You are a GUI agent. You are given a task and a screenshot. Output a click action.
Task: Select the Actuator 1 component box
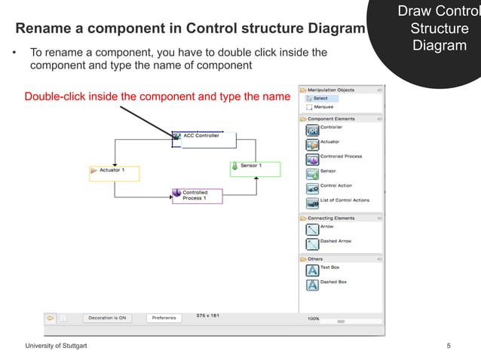coord(114,173)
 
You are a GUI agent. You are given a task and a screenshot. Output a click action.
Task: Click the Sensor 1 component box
coord(255,169)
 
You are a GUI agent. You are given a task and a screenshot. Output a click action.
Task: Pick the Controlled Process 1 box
coord(197,196)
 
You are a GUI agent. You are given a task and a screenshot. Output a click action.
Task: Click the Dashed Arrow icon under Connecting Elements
coord(312,244)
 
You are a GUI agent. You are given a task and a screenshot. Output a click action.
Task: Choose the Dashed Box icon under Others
coord(312,285)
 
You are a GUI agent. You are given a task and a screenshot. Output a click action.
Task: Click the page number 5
coord(449,346)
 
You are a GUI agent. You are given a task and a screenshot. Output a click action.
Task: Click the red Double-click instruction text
coord(157,97)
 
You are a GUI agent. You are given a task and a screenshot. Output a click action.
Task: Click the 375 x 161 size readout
coord(207,315)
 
